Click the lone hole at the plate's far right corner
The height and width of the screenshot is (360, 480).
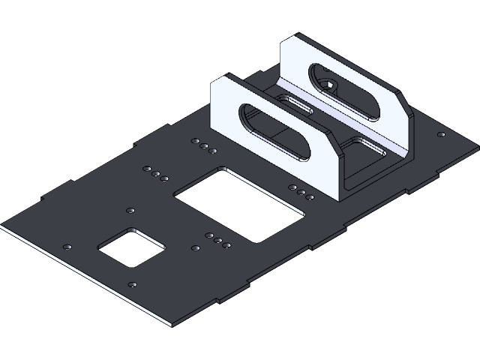pos(441,134)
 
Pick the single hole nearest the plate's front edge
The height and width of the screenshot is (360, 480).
pos(133,284)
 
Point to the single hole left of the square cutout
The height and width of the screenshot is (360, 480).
pos(69,247)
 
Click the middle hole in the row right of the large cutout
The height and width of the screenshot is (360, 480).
pos(301,192)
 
